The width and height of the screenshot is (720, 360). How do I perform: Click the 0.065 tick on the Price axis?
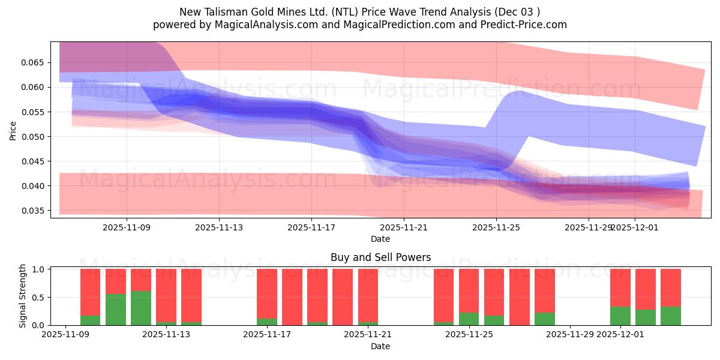35,62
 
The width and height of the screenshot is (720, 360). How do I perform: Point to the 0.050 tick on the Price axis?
35,137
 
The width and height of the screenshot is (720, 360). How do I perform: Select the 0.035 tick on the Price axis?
35,211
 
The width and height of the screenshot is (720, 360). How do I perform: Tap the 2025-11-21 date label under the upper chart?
404,227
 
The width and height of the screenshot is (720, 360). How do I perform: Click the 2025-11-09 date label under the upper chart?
127,227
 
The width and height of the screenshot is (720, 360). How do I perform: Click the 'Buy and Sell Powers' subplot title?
380,258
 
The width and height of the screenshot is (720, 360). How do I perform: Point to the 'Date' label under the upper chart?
380,239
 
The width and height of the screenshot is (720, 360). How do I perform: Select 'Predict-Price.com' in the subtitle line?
529,25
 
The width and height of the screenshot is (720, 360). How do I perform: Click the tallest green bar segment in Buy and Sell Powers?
141,308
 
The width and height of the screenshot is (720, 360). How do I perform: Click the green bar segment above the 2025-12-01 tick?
620,316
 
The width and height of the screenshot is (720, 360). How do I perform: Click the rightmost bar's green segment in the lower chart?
671,316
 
